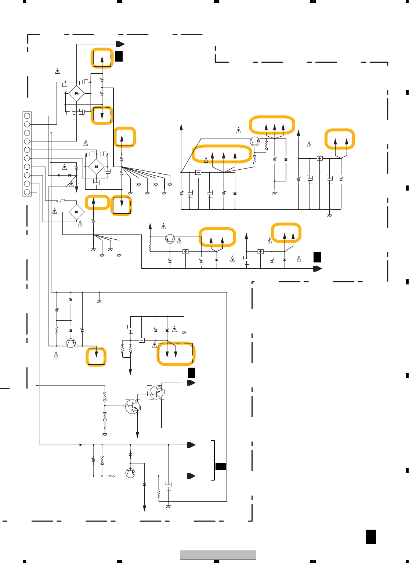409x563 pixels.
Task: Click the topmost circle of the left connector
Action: (27, 116)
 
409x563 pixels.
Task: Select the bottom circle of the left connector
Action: (27, 192)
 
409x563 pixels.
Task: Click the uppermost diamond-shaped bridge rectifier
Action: (76, 93)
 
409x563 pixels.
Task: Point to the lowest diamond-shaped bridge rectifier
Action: (76, 212)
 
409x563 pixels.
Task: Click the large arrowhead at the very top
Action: (120, 44)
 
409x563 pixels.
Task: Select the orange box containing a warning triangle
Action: (222, 154)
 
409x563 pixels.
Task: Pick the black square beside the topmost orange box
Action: (119, 56)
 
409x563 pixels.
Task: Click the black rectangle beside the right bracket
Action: (221, 466)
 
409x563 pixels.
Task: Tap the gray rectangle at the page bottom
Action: (218, 555)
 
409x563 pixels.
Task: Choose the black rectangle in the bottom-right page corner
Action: (371, 537)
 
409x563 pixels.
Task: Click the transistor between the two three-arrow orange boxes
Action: (255, 141)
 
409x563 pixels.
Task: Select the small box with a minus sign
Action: (142, 340)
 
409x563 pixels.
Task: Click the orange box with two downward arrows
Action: (176, 354)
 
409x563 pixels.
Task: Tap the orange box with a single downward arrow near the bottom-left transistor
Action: (96, 357)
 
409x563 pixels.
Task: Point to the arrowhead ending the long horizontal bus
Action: (317, 269)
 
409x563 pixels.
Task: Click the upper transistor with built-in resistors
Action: (156, 393)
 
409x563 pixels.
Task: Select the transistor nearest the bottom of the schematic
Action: (130, 472)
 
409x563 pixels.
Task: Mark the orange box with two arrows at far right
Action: (340, 139)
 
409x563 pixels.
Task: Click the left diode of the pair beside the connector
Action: (58, 175)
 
